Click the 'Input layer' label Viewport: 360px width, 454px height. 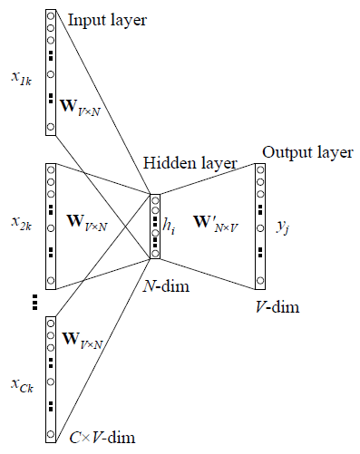108,18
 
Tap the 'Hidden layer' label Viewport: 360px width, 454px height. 189,163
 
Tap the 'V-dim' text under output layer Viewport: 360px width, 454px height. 276,308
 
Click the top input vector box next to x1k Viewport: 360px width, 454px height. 50,72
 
